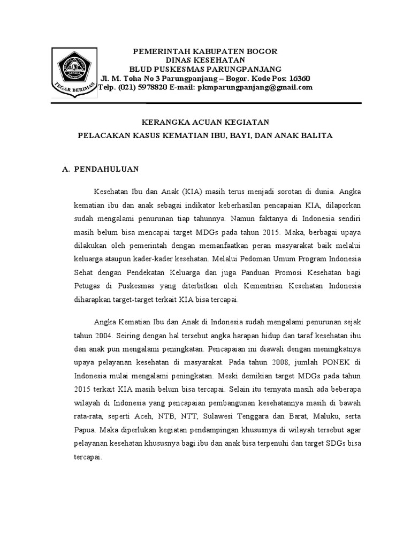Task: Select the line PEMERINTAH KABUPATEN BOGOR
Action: tap(205, 51)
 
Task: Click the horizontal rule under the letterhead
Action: tap(205, 103)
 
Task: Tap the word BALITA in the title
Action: tap(318, 136)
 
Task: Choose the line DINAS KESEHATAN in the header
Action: tap(205, 60)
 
